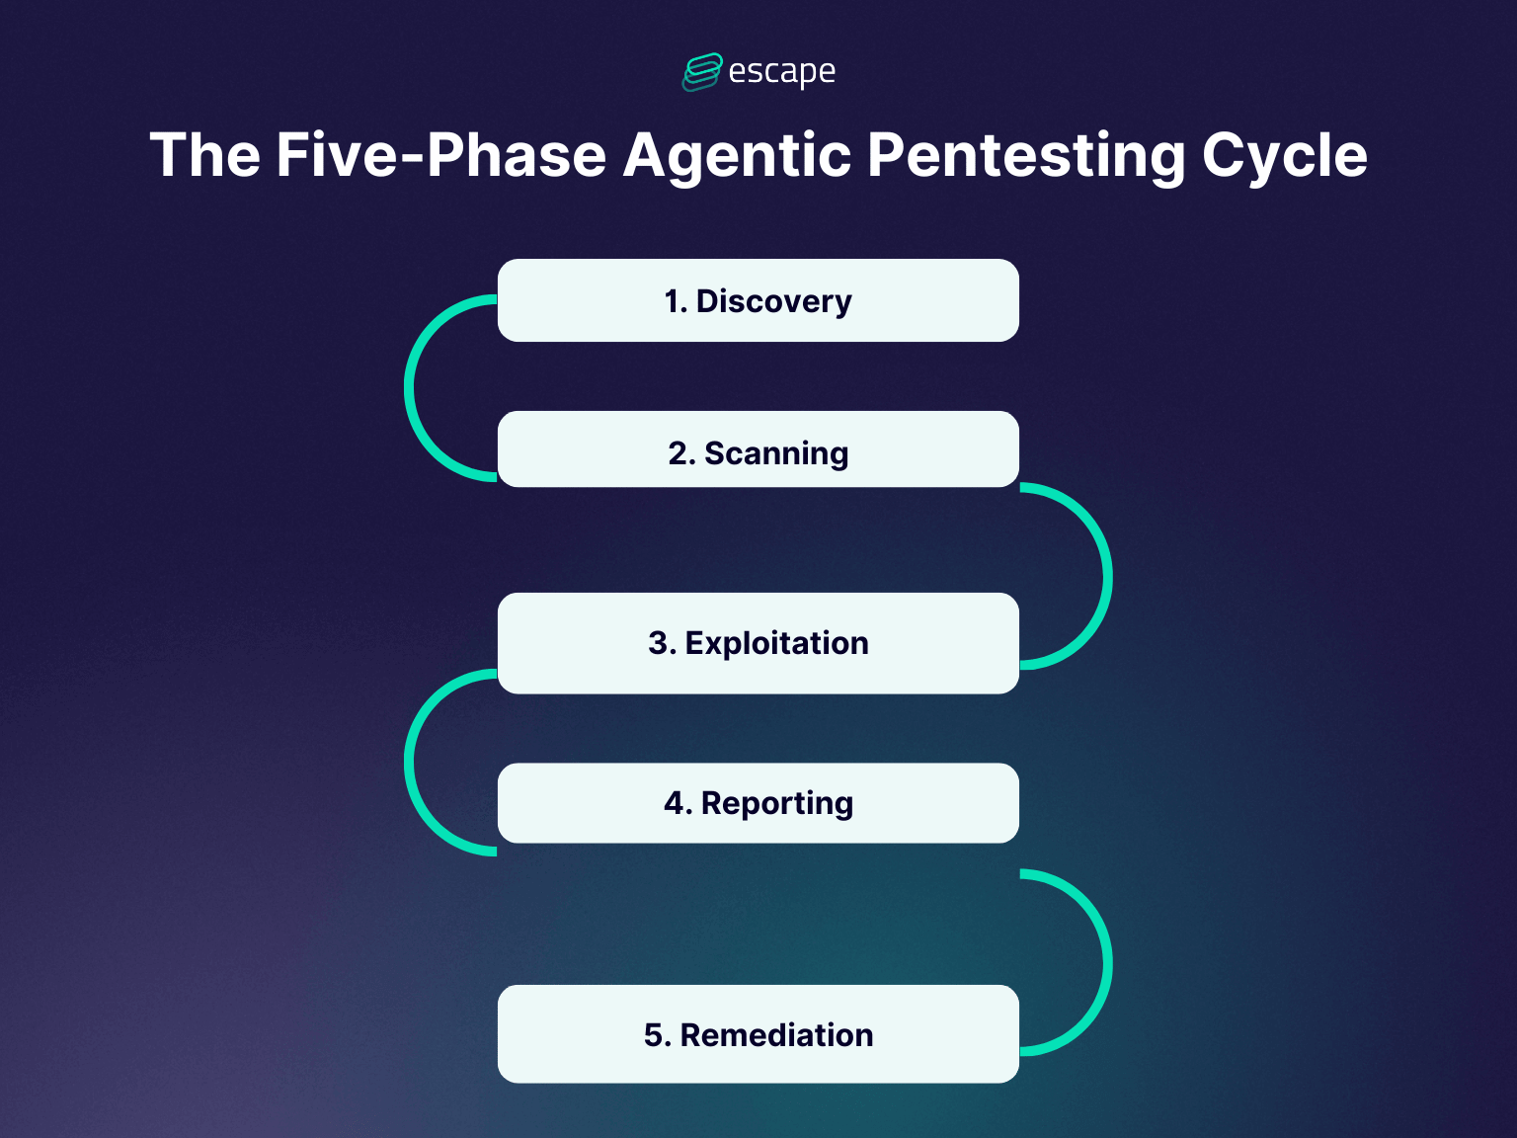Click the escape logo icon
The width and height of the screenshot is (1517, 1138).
[702, 72]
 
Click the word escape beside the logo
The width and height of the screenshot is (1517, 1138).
[781, 72]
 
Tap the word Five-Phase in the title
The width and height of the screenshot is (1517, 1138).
[440, 155]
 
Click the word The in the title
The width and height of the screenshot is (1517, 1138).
[205, 155]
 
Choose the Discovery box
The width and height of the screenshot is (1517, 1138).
[758, 300]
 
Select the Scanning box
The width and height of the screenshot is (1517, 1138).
[758, 449]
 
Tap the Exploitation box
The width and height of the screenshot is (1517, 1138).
[758, 643]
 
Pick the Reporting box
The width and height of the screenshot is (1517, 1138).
[758, 803]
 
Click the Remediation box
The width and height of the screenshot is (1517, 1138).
[758, 1033]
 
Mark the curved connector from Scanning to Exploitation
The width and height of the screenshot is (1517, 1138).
[1108, 576]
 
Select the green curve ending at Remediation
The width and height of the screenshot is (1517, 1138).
[1108, 962]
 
